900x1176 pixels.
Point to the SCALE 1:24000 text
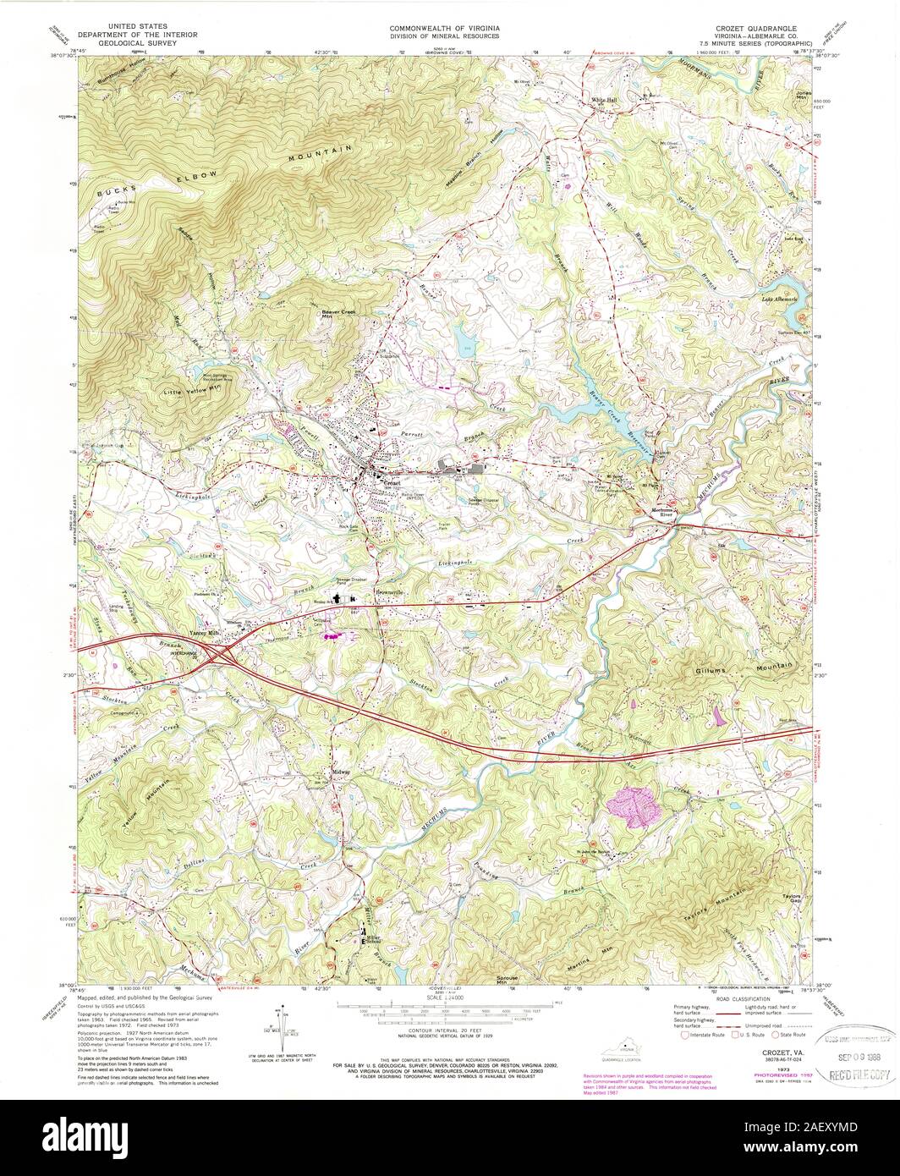tap(446, 999)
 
